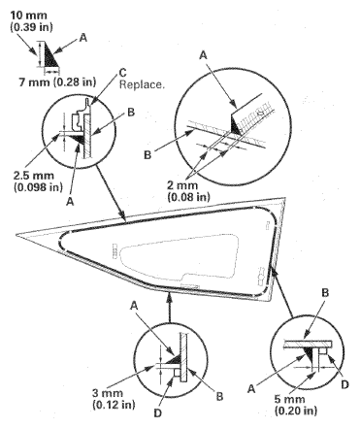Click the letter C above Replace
click(x=122, y=71)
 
